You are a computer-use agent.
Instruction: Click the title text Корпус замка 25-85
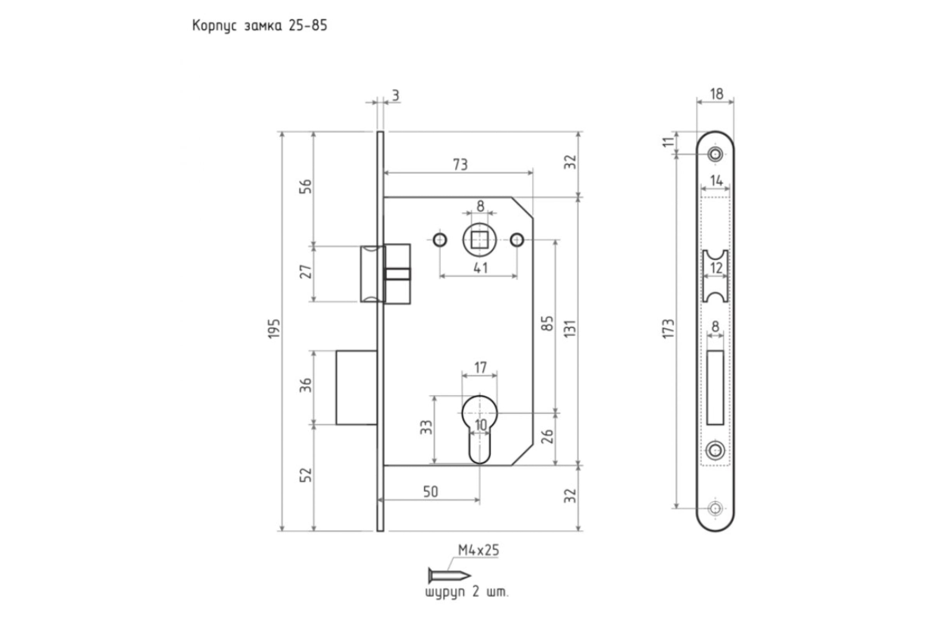[260, 26]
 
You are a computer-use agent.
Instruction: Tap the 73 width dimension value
[460, 164]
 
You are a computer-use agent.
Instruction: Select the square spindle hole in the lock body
[480, 240]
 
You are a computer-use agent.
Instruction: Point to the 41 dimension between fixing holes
[480, 268]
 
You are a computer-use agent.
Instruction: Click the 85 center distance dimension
[547, 324]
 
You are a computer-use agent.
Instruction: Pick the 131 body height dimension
[570, 329]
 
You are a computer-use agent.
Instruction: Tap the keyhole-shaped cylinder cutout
[480, 429]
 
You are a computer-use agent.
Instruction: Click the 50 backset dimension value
[430, 492]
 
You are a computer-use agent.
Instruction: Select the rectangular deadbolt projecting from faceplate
[356, 388]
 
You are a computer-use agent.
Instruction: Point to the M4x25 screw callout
[478, 550]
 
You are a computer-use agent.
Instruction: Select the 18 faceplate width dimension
[716, 94]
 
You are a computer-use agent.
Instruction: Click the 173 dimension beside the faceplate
[669, 329]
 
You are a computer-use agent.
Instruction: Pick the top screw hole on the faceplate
[716, 154]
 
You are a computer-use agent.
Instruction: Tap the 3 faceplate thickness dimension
[395, 96]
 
